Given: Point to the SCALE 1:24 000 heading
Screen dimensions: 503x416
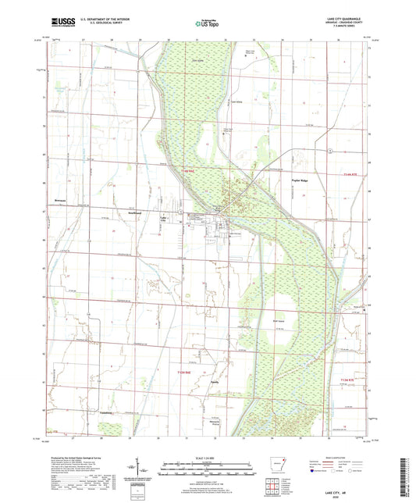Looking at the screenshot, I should [207, 457].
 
